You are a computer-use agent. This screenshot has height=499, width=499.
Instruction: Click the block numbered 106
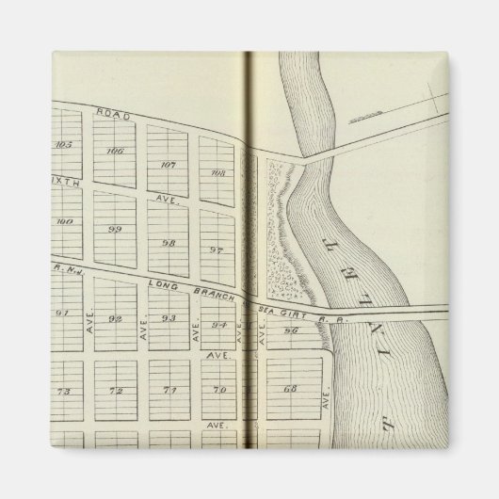[x=116, y=151]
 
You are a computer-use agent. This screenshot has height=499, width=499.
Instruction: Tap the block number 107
[x=169, y=164]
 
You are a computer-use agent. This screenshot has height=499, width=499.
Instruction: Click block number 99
[x=116, y=229]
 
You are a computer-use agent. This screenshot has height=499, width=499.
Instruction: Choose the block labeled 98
[x=169, y=242]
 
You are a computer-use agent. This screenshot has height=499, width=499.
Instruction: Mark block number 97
[x=217, y=250]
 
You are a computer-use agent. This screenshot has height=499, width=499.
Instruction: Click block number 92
[x=116, y=318]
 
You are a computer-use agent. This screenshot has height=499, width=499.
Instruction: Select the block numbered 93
[x=169, y=318]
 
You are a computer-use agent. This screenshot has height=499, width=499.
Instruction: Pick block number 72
[x=117, y=390]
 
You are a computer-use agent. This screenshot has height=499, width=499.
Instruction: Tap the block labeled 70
[x=219, y=390]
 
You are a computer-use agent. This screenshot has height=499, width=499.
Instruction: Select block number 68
[x=290, y=390]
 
